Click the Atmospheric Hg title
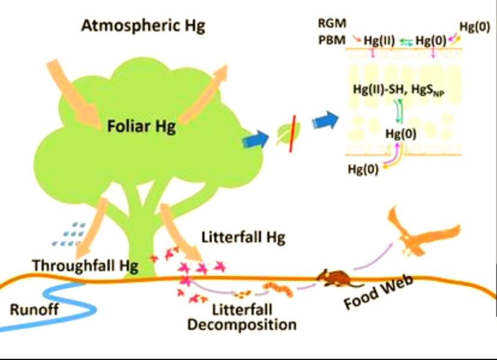coord(143,26)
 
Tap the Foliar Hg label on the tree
coord(142,127)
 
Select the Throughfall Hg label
coord(85,265)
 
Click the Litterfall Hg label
coord(243,237)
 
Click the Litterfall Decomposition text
coord(242,317)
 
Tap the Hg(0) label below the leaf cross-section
coord(363,169)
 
